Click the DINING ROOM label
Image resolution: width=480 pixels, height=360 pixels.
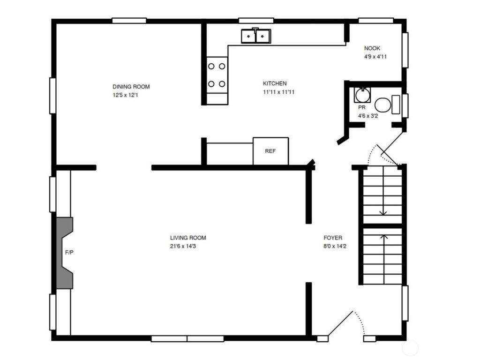click(x=131, y=87)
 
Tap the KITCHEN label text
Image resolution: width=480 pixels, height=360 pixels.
click(x=275, y=83)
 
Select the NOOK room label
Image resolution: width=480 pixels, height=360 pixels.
click(x=372, y=48)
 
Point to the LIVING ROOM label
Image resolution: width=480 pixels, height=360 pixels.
click(x=188, y=238)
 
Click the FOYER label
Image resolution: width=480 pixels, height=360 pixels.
click(x=333, y=238)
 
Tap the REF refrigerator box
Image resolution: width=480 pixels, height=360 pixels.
click(x=270, y=151)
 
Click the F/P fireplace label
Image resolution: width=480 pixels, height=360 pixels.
click(x=69, y=253)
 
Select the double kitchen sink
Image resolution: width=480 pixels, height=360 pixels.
click(x=255, y=36)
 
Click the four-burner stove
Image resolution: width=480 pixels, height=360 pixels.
click(x=217, y=75)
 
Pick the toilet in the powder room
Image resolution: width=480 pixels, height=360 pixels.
click(x=387, y=105)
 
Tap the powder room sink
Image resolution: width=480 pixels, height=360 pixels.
click(x=362, y=95)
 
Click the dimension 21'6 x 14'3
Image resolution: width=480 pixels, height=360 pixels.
click(x=183, y=246)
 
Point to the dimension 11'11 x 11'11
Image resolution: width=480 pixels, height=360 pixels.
click(x=278, y=92)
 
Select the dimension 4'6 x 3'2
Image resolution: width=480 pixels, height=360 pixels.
click(x=368, y=116)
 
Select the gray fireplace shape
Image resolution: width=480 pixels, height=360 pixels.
click(x=65, y=253)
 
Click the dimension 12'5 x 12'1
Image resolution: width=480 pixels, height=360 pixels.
click(x=125, y=95)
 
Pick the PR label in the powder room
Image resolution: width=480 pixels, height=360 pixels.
click(x=361, y=108)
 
